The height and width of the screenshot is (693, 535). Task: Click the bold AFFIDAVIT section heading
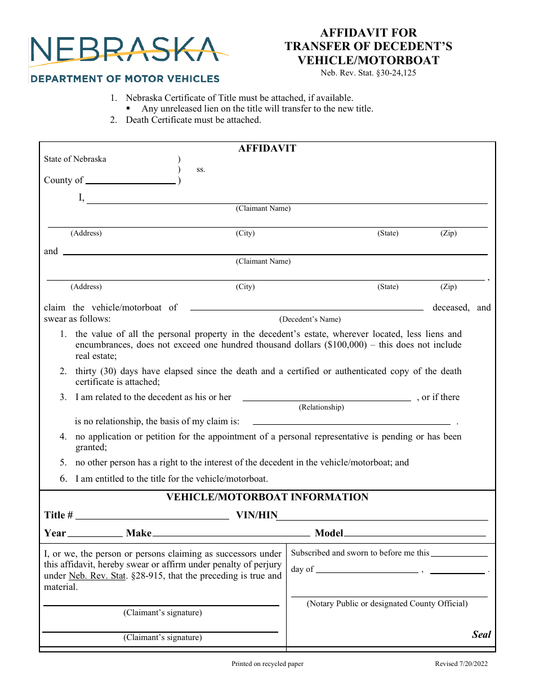(267, 149)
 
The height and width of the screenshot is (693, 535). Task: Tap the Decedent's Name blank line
(306, 308)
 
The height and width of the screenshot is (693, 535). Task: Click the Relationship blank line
(326, 398)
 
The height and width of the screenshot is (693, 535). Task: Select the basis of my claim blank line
(351, 422)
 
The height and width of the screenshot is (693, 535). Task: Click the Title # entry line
(152, 517)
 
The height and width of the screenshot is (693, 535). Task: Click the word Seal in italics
(481, 634)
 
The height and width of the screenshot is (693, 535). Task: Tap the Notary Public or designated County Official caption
(387, 603)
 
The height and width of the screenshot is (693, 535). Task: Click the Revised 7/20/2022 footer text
(461, 664)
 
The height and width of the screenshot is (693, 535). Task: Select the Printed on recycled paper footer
(267, 664)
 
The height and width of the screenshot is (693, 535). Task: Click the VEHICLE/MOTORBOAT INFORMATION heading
(267, 497)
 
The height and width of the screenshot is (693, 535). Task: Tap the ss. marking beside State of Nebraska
(200, 170)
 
